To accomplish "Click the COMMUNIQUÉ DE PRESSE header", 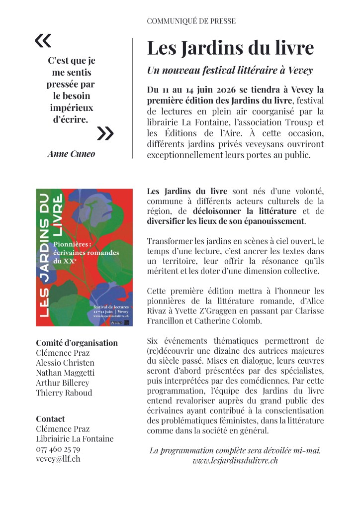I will (191, 21).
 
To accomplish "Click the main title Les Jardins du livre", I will (230, 48).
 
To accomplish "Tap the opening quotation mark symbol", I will (43, 41).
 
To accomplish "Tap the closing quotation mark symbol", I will (105, 133).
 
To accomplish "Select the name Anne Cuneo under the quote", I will (71, 154).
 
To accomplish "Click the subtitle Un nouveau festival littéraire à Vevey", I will (230, 70).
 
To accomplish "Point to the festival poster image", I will (84, 258).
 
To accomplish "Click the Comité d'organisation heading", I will (77, 342).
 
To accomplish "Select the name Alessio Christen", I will (65, 362).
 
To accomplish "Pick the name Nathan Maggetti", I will (65, 372).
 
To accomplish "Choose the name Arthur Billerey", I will (63, 383).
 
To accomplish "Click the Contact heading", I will (50, 418).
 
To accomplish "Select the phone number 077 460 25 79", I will (58, 449).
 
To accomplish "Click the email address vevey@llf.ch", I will (58, 459).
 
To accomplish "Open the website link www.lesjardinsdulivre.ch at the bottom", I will (235, 460).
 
